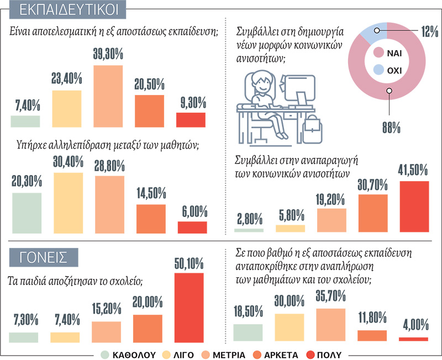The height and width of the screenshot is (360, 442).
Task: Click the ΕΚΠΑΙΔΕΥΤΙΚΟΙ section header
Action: point(67,9)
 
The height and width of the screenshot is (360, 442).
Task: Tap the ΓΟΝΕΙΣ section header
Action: point(44,257)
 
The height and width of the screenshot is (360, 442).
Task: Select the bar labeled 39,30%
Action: point(108,96)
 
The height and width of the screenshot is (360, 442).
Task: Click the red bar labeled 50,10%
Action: point(189,308)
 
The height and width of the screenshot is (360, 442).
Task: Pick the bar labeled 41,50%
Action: point(414,207)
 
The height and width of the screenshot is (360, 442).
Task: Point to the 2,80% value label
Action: point(250,219)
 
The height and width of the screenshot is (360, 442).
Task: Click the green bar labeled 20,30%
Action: point(27,213)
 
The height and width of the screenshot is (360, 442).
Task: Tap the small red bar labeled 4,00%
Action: point(413,339)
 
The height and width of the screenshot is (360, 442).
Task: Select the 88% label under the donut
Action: point(391,128)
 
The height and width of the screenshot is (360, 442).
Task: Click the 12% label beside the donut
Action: point(430,31)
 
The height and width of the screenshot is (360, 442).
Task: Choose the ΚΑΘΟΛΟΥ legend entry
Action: point(129,355)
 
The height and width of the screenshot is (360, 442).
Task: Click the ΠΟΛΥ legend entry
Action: point(324,355)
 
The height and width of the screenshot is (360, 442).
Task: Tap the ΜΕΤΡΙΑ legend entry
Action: point(224,355)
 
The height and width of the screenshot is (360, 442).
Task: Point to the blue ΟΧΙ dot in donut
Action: point(378,70)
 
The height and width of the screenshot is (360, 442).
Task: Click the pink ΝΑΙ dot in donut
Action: point(378,52)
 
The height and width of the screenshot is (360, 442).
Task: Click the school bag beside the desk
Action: point(312,129)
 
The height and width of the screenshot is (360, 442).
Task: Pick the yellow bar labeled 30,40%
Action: point(68,203)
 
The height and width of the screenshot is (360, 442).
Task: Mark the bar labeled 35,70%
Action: point(330,325)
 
